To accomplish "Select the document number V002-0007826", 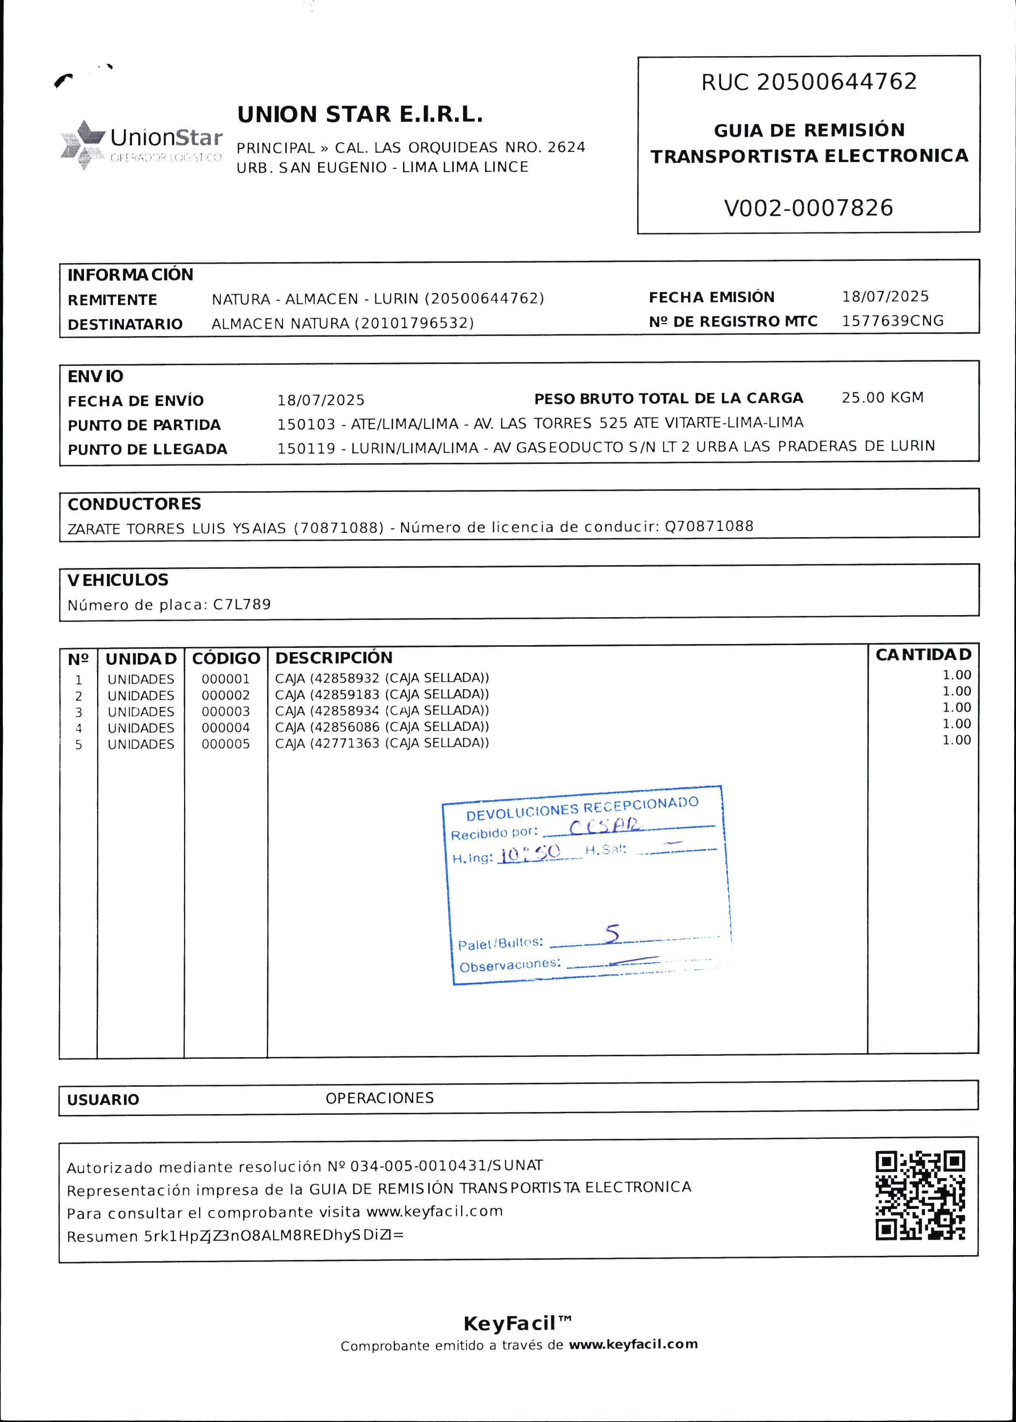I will point(808,208).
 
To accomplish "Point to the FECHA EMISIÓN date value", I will point(885,297).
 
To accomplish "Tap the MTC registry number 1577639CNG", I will point(892,321).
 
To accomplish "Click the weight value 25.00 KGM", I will point(882,398).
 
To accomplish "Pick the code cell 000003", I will point(225,712).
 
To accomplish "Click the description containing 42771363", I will point(381,743).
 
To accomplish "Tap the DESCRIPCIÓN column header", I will point(334,657).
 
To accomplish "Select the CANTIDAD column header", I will point(923,655).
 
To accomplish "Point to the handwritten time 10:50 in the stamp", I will point(531,853).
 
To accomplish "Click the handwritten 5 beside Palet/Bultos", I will point(611,933).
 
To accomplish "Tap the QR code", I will point(920,1195).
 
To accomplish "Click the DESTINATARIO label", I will point(125,324).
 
